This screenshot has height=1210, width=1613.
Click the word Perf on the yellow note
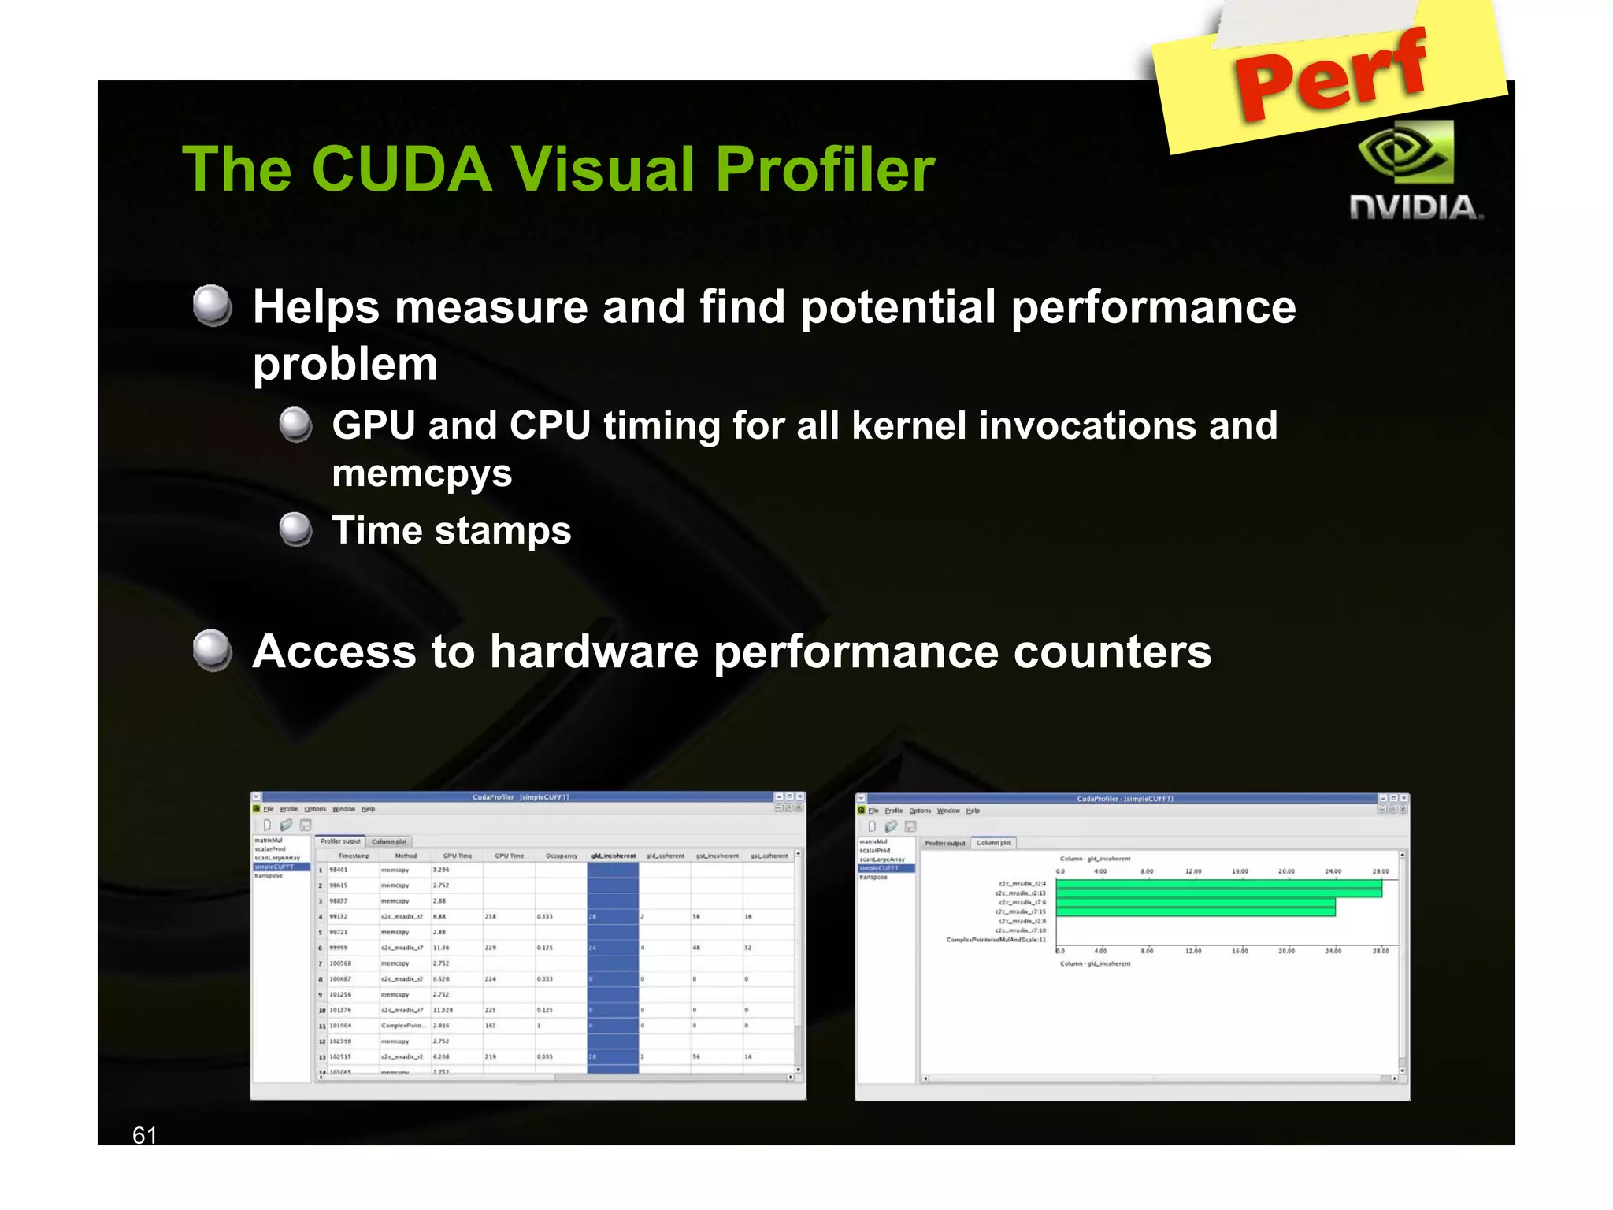[x=1331, y=75]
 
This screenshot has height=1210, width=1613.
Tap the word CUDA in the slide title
[x=402, y=169]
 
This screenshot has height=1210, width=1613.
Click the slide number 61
[x=144, y=1135]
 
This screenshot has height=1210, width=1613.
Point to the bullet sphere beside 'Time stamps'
[x=296, y=529]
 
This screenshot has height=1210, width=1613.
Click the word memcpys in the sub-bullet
[x=422, y=473]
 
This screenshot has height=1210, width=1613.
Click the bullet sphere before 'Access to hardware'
[x=213, y=650]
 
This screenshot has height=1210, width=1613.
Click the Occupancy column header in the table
[x=561, y=856]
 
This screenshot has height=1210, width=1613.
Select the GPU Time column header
[x=457, y=856]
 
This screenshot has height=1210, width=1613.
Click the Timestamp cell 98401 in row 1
[x=339, y=870]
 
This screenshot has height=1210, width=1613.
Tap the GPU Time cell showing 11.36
[x=441, y=948]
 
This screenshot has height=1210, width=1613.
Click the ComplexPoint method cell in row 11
[x=402, y=1026]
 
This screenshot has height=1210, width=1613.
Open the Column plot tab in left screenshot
[x=389, y=841]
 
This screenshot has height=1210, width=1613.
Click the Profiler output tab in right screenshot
[x=944, y=843]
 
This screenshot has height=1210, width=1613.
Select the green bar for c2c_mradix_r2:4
[x=1218, y=884]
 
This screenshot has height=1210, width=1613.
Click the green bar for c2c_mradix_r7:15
[x=1195, y=911]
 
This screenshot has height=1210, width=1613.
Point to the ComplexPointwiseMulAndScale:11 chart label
[x=996, y=940]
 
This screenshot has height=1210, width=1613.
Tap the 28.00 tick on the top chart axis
[x=1381, y=871]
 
